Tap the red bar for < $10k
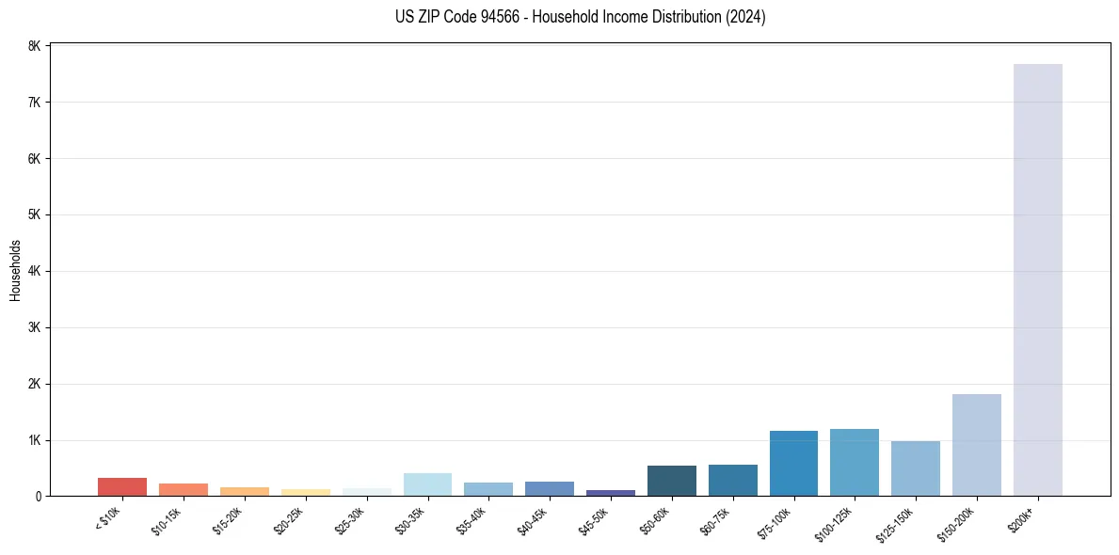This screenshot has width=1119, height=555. click(x=122, y=487)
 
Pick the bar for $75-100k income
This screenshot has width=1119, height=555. click(x=793, y=464)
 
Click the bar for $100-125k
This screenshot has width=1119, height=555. click(x=855, y=463)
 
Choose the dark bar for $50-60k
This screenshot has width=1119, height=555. click(x=672, y=481)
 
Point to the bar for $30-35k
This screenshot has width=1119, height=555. click(x=427, y=484)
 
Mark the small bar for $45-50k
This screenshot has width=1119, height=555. click(x=611, y=492)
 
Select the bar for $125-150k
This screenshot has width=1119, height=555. click(x=916, y=468)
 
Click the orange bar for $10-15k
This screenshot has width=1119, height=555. click(x=184, y=490)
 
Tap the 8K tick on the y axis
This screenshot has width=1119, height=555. click(x=34, y=46)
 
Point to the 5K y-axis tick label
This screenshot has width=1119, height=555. click(x=34, y=214)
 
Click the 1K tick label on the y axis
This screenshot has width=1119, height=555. click(x=34, y=440)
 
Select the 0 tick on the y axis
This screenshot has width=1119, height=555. click(x=38, y=496)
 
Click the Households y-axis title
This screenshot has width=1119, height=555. click(x=16, y=271)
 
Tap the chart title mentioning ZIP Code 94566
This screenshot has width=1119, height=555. click(x=580, y=17)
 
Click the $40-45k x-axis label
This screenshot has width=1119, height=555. click(x=533, y=520)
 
